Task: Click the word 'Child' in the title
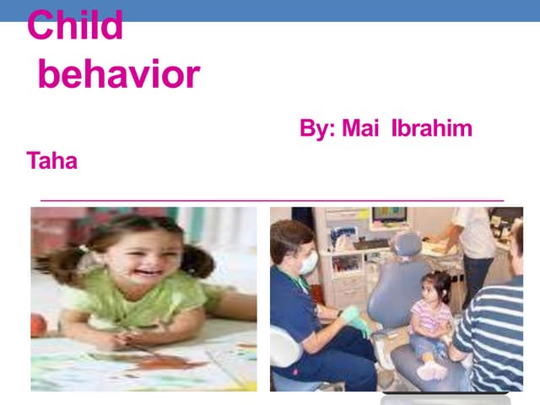[75, 26]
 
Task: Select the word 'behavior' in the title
[118, 74]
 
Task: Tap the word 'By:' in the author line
[317, 130]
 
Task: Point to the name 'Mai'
[362, 130]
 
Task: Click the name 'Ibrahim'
[431, 130]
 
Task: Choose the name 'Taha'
[52, 160]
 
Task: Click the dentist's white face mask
[308, 263]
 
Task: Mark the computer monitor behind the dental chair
[389, 216]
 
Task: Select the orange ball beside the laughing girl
[37, 325]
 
